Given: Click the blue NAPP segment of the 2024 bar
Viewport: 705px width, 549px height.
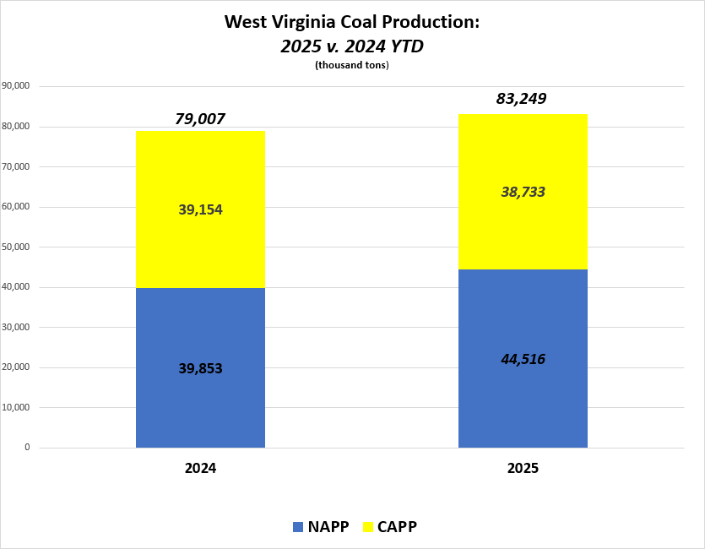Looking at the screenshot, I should [x=200, y=405].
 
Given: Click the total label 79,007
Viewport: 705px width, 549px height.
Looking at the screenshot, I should [x=200, y=119].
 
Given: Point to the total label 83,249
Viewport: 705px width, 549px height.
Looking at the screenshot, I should [x=521, y=99].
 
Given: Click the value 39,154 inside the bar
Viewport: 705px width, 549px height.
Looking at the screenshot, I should [x=200, y=209].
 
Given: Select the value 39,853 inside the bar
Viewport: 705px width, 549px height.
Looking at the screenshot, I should [x=200, y=367].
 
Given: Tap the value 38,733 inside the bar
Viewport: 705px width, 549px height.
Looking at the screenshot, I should [x=522, y=192].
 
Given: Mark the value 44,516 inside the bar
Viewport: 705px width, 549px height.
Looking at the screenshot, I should [x=522, y=359].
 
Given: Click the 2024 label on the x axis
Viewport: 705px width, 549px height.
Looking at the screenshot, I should [x=200, y=467].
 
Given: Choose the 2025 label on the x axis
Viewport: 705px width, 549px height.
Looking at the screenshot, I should [x=523, y=467].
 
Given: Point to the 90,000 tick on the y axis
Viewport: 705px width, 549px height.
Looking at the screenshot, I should [x=18, y=86].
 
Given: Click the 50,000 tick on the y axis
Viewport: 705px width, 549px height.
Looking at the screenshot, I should [x=18, y=247].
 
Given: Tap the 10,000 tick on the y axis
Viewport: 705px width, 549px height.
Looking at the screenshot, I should [x=18, y=407].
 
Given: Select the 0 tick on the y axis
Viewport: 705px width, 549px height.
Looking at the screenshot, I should [x=27, y=448].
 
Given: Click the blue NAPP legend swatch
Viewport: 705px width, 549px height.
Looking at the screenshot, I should [x=298, y=527].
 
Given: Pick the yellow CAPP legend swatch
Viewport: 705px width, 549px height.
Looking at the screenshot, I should [x=368, y=527].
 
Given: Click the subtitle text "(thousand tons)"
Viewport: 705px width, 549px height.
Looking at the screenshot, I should [x=351, y=66].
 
